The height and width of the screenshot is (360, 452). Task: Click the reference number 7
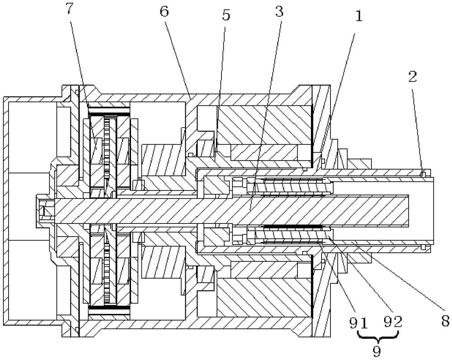click(x=70, y=9)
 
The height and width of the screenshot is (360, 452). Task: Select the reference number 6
click(x=165, y=12)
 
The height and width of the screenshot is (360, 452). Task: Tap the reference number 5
click(x=226, y=15)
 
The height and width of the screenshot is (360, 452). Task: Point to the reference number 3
click(x=279, y=12)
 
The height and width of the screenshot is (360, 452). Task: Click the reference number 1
click(x=358, y=16)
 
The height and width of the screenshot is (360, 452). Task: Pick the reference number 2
click(x=413, y=76)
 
